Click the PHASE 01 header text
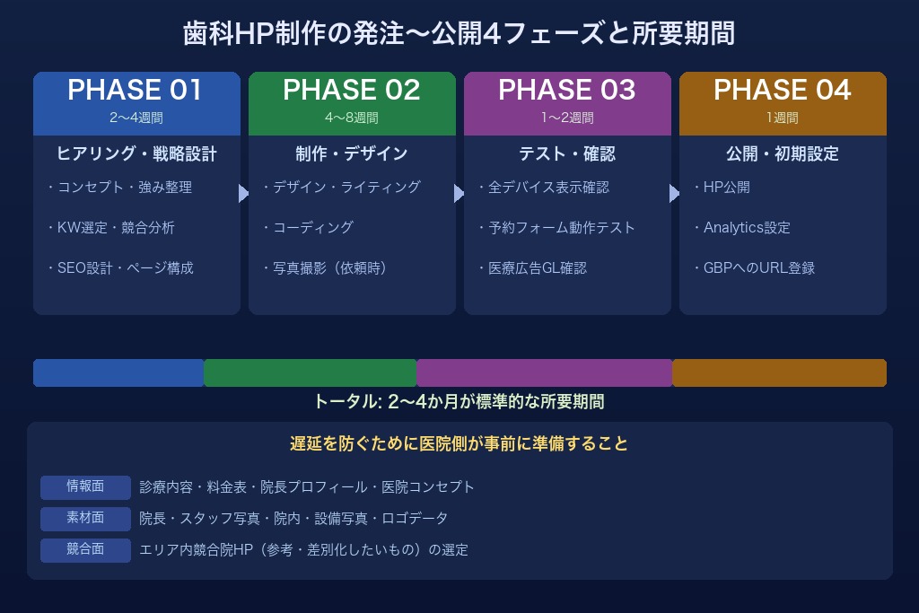point(136,90)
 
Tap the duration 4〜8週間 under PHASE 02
point(352,118)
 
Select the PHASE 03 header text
point(566,90)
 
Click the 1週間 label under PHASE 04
point(782,118)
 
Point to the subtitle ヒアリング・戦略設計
point(136,153)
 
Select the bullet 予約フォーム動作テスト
point(556,227)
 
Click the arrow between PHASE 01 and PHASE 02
point(243,194)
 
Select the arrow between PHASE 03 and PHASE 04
point(674,194)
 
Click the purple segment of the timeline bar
point(544,372)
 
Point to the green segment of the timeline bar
point(310,372)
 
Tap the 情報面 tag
point(85,486)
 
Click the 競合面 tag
point(85,549)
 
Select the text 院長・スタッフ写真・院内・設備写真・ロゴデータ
point(293,519)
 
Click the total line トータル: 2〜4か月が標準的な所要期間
point(459,401)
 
